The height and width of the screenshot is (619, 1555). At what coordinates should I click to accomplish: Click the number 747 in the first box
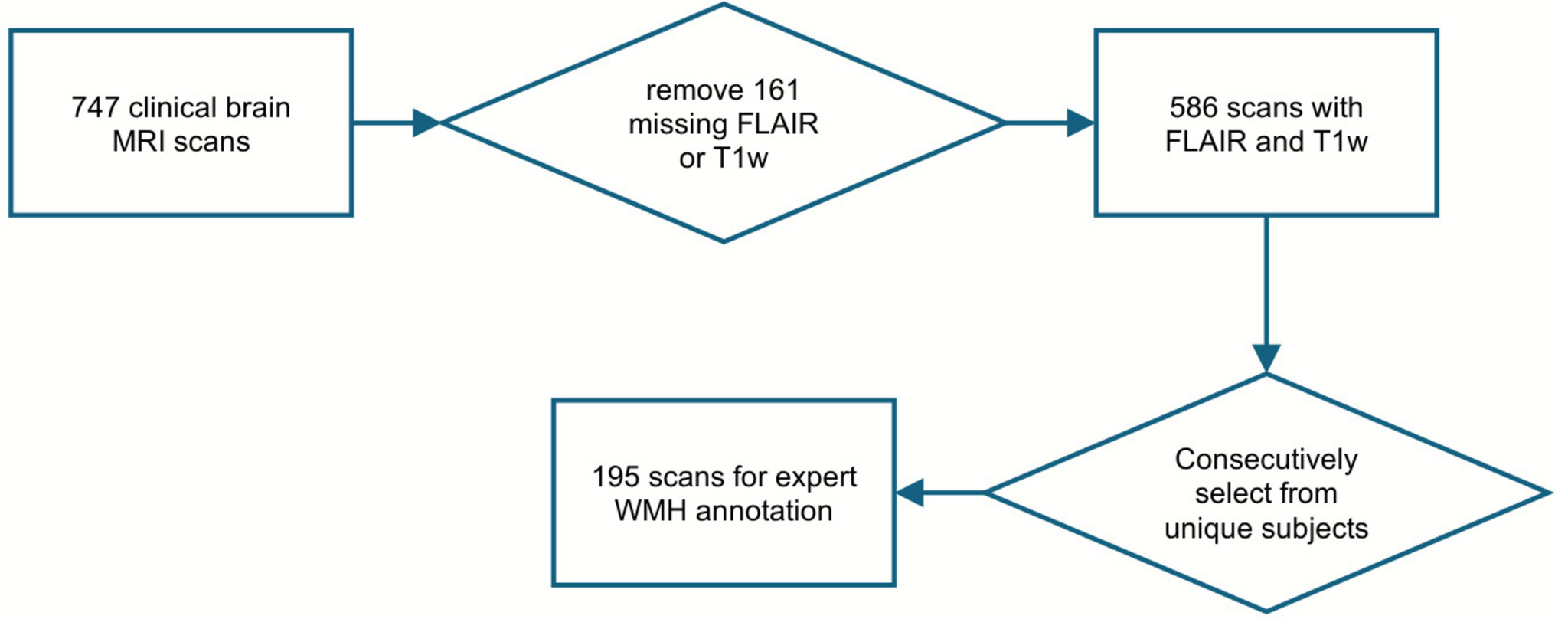(x=96, y=108)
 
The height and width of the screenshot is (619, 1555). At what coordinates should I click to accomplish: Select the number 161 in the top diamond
(x=776, y=90)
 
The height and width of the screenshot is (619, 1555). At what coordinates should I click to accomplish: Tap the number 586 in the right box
(x=1193, y=108)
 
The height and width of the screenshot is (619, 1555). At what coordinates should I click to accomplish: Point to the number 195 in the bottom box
(x=615, y=477)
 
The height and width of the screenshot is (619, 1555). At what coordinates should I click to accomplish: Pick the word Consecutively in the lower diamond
(x=1266, y=460)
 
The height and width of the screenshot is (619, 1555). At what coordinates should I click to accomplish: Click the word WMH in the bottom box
(x=650, y=511)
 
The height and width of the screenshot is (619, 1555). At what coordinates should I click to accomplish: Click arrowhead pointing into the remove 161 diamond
(x=426, y=123)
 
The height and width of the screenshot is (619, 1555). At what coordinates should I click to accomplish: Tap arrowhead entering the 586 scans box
(x=1080, y=123)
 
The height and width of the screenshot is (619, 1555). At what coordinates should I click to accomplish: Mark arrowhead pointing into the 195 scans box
(x=910, y=493)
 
